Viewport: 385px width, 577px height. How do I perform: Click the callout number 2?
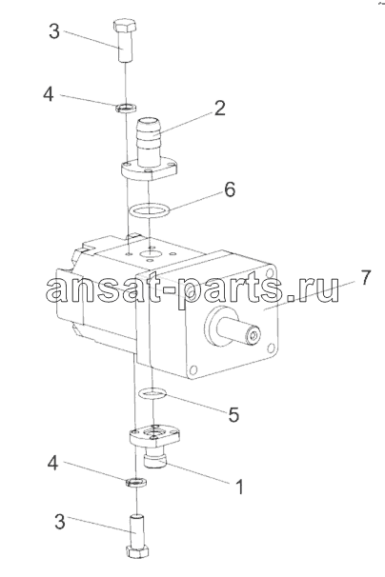coord(219,109)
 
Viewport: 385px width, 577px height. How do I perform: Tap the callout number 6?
coord(229,189)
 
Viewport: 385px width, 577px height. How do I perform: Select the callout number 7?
coord(364,278)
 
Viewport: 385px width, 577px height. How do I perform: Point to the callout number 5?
coord(233,415)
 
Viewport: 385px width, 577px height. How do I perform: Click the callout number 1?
coord(239,487)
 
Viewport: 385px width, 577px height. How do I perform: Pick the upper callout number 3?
coord(53,31)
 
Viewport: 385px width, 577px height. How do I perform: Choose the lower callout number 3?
coord(60,522)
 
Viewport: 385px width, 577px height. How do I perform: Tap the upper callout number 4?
coord(49,94)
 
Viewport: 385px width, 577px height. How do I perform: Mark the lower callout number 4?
coord(52,463)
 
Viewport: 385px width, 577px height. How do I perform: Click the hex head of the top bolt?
coord(124,27)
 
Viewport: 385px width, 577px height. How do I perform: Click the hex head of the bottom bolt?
coord(136,552)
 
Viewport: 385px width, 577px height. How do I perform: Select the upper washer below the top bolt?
coord(126,109)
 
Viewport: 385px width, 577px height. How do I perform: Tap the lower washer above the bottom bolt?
coord(135,482)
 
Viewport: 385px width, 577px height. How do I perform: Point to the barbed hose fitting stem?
coord(150,140)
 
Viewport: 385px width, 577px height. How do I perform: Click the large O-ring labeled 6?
coord(150,210)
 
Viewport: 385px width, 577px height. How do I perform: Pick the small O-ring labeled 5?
coord(152,394)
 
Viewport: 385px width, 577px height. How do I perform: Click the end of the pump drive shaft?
coord(253,335)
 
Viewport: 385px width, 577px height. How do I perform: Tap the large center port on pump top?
coord(150,254)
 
